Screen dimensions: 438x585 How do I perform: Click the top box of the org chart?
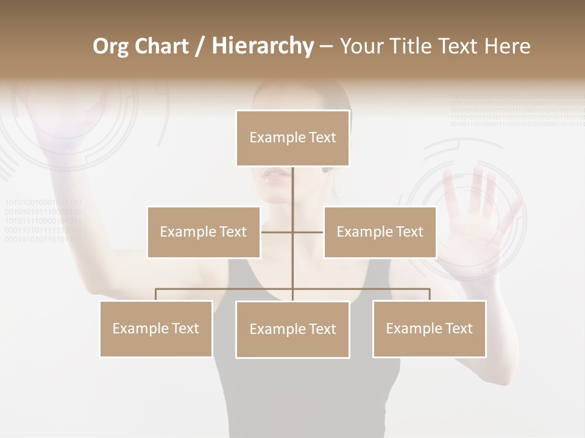pos(292,138)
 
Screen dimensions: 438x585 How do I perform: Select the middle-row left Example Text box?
pos(204,232)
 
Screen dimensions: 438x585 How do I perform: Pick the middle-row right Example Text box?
pos(380,232)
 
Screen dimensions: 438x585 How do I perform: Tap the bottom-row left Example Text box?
pos(156,328)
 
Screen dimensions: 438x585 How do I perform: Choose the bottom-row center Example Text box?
pos(292,329)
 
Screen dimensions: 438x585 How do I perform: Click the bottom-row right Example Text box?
pos(429,328)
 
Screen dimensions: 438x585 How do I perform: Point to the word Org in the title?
pos(112,46)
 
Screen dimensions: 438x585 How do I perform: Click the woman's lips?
pos(276,175)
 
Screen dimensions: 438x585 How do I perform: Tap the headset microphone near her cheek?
pos(327,170)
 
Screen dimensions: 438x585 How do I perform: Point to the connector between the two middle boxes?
pos(292,232)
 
